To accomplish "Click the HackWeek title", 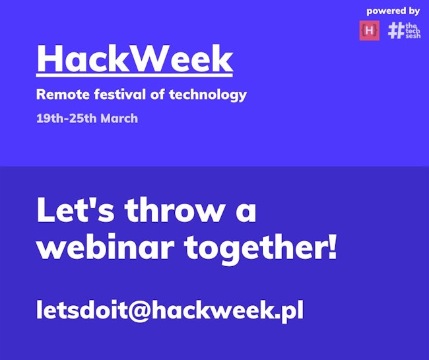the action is (x=135, y=58).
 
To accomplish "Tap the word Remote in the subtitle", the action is (x=63, y=94).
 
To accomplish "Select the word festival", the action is (x=120, y=94).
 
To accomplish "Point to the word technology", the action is (x=208, y=95).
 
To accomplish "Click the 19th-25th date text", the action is (x=66, y=118).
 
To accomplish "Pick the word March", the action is (x=119, y=118).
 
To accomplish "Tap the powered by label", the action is (x=393, y=11).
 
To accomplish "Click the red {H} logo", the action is (x=370, y=30).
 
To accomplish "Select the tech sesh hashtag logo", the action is (x=404, y=30).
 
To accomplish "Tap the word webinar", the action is (x=106, y=247).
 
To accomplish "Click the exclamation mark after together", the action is (x=332, y=246).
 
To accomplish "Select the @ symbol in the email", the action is (x=139, y=310).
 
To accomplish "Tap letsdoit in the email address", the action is (x=82, y=309).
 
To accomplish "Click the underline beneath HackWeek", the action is (x=135, y=75).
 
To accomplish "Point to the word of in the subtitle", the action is (x=157, y=94).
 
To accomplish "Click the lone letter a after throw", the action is (x=246, y=213).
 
